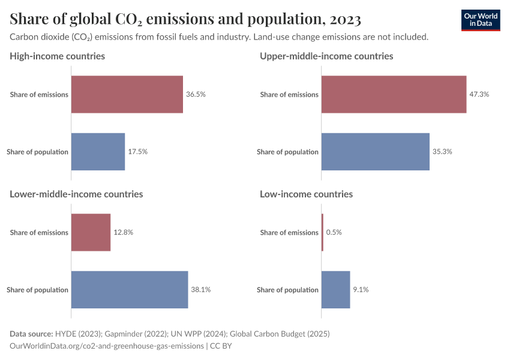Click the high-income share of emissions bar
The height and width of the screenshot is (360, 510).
(x=127, y=94)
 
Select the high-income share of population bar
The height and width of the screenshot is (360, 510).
(x=98, y=152)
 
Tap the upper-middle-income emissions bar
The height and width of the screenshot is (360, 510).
(x=394, y=94)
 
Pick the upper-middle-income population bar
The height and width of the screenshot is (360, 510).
(x=375, y=152)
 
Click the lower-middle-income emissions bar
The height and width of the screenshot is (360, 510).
(x=91, y=232)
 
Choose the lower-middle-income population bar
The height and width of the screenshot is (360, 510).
(x=130, y=290)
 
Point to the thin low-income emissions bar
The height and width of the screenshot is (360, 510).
(x=322, y=232)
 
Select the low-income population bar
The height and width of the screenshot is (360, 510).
(x=335, y=290)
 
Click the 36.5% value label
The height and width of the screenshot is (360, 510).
(x=196, y=94)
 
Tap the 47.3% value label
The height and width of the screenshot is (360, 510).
(x=479, y=94)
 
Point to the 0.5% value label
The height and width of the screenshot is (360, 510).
(x=334, y=232)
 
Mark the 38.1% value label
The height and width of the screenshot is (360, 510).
(x=201, y=290)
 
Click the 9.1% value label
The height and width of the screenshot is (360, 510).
(x=361, y=290)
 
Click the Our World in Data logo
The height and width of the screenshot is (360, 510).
(x=480, y=20)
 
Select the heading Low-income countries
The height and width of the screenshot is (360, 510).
(x=306, y=194)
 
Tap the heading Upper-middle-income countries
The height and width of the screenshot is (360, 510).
(x=326, y=56)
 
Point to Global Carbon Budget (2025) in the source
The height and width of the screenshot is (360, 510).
(x=281, y=334)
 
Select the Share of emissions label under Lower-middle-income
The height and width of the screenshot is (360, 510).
(x=39, y=233)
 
